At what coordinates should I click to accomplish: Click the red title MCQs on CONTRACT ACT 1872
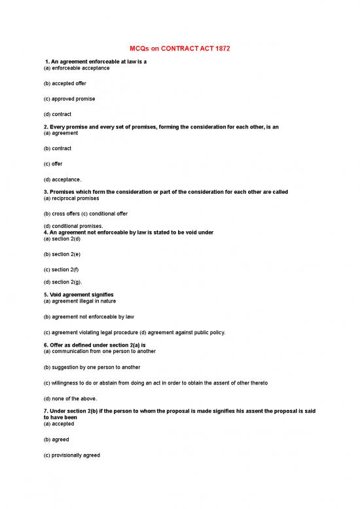click(x=179, y=48)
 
